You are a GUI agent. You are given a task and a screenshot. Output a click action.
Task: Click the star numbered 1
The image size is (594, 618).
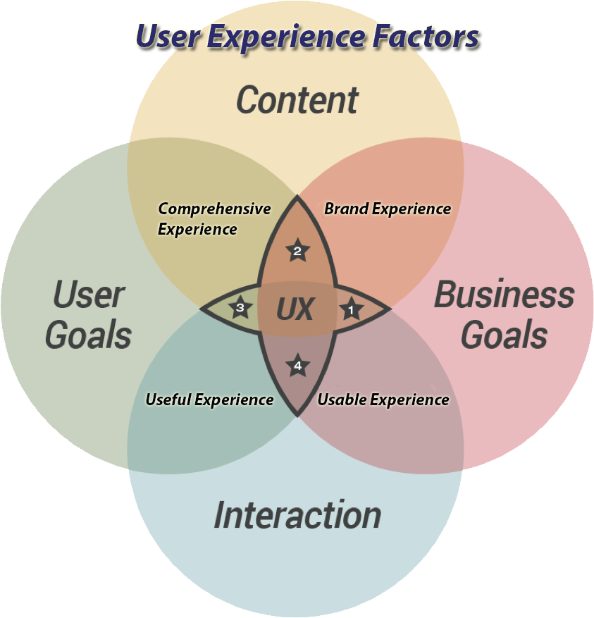coord(351,309)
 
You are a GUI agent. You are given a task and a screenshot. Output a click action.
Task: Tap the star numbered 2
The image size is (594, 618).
coord(297,250)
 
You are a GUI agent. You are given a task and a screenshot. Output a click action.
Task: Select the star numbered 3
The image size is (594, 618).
coord(240,308)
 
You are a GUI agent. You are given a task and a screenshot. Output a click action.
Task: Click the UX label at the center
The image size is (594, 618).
coord(295,309)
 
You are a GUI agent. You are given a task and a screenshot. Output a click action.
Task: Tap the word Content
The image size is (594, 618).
coord(297,100)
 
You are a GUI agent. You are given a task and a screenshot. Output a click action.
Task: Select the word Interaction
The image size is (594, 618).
coord(297,515)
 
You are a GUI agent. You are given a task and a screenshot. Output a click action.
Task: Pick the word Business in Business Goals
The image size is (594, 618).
coord(504,295)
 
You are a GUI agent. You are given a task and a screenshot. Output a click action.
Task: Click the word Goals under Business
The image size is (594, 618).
coord(504,335)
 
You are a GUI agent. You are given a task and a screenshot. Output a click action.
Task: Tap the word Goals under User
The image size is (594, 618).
coord(89,335)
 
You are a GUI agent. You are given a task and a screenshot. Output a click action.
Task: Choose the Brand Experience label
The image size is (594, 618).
coord(387,209)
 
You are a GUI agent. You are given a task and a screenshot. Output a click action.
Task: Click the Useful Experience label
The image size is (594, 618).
coord(209,400)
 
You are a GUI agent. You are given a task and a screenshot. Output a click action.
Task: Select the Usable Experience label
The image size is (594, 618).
coord(383,400)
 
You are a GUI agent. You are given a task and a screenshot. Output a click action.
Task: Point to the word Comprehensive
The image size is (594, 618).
coord(214,209)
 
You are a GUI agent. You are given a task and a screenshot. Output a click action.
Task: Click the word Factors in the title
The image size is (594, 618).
coord(423,37)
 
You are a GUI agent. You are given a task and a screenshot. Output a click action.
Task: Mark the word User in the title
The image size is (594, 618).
coord(166,37)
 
